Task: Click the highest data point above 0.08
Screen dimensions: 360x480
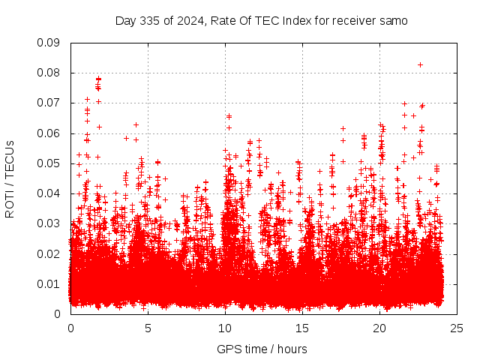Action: [420, 64]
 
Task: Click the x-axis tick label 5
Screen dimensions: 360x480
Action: [148, 328]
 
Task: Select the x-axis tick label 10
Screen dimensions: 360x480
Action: [225, 328]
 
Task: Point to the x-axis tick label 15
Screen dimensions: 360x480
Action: [302, 328]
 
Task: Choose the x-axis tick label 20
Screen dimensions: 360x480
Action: [379, 328]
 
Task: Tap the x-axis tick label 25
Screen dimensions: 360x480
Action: [457, 328]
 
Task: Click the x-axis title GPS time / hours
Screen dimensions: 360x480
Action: [263, 349]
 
